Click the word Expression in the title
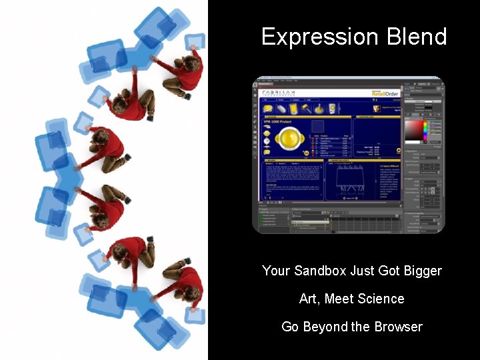(x=307, y=37)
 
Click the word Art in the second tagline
(x=308, y=299)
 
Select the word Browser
(x=397, y=327)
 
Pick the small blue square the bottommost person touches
(x=195, y=315)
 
